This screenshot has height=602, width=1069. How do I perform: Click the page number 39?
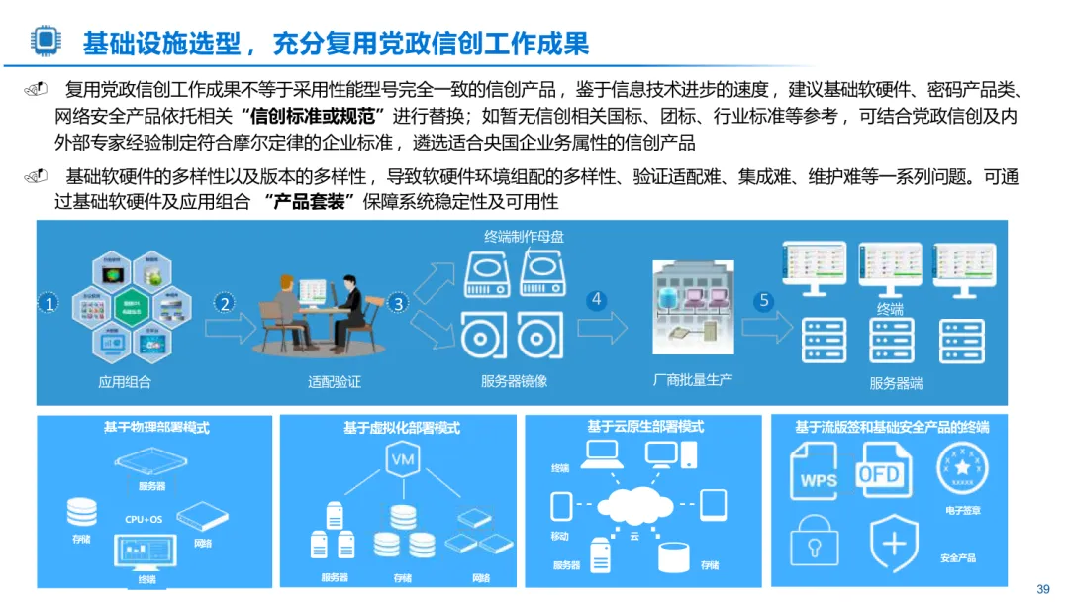pyautogui.click(x=1042, y=589)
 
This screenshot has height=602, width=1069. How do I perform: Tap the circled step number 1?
pyautogui.click(x=49, y=304)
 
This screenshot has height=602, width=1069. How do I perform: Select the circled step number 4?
pyautogui.click(x=596, y=300)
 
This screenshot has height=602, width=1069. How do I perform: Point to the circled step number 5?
pyautogui.click(x=763, y=302)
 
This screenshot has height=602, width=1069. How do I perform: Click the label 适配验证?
pyautogui.click(x=335, y=381)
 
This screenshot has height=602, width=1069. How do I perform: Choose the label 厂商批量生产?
pyautogui.click(x=693, y=379)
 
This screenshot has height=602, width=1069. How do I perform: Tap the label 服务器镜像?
pyautogui.click(x=514, y=381)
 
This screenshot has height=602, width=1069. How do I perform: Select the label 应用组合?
pyautogui.click(x=125, y=381)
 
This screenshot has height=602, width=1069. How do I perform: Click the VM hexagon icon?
pyautogui.click(x=402, y=461)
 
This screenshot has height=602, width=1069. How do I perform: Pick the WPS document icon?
pyautogui.click(x=818, y=473)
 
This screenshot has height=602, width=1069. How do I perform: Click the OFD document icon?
pyautogui.click(x=880, y=471)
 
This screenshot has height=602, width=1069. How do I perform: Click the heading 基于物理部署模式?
pyautogui.click(x=156, y=428)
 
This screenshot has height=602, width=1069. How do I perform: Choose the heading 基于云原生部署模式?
pyautogui.click(x=644, y=427)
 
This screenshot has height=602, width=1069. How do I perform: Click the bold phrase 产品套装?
pyautogui.click(x=310, y=202)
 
